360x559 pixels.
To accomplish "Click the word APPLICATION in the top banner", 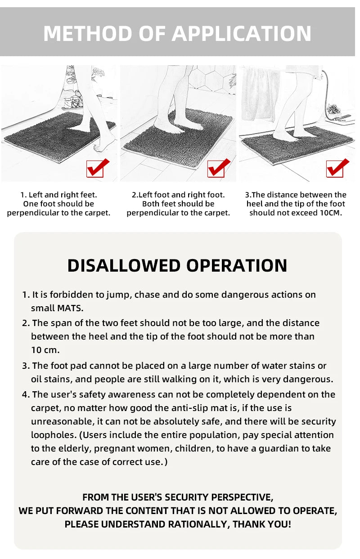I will click(242, 33).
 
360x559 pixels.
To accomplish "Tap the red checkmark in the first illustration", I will click(98, 168).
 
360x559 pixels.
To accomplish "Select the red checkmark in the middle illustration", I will click(219, 168).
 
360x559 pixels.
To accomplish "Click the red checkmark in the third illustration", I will click(337, 168).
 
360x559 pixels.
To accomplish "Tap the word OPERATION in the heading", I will click(237, 265).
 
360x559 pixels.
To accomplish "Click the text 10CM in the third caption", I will click(330, 213).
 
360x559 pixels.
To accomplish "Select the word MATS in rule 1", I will click(70, 308).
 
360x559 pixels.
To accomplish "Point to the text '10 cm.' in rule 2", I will click(45, 349).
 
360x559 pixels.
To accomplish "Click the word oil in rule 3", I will click(38, 379).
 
